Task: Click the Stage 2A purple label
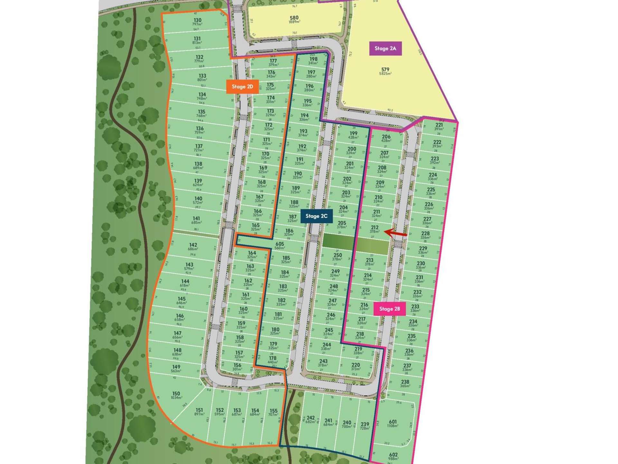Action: [385, 49]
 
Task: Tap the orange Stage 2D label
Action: [242, 87]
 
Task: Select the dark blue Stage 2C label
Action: [316, 216]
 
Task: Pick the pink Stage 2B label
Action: [389, 309]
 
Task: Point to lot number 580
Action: [294, 18]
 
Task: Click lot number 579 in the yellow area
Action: [385, 69]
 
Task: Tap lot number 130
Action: [197, 20]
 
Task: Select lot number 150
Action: [176, 393]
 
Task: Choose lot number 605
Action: [279, 244]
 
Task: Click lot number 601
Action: [393, 421]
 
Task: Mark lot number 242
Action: [311, 418]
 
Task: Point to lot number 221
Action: [439, 125]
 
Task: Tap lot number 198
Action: [314, 59]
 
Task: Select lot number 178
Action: [273, 358]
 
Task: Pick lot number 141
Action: [196, 218]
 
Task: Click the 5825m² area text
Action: [385, 74]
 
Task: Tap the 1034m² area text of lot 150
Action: [176, 398]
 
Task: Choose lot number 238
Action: [405, 382]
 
